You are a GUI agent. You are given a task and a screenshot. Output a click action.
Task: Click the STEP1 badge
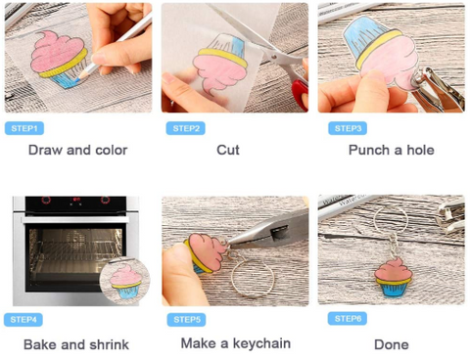tap(24, 128)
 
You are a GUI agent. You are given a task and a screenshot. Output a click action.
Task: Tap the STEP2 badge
tap(185, 128)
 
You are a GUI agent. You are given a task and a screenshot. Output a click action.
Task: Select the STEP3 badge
tap(348, 128)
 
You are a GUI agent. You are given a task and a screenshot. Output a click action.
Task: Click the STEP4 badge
tap(23, 320)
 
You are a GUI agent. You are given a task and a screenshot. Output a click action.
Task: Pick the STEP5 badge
tap(186, 320)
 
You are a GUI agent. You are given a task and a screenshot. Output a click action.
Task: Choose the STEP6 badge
tap(348, 319)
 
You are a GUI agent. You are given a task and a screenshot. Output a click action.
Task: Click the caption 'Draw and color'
tap(77, 150)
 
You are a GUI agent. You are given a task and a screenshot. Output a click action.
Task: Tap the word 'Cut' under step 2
tap(228, 150)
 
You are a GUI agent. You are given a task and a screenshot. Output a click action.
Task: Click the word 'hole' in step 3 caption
tap(420, 150)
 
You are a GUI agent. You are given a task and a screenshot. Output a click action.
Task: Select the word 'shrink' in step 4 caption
tap(109, 344)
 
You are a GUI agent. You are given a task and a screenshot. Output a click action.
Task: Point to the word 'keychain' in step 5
tap(261, 343)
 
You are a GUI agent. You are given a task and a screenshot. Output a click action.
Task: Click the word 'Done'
tap(392, 344)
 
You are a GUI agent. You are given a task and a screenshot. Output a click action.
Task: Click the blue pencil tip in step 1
tap(77, 78)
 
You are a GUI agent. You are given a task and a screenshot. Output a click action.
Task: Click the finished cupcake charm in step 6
tap(394, 277)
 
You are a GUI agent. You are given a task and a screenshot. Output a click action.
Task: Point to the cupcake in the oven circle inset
tap(125, 282)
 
